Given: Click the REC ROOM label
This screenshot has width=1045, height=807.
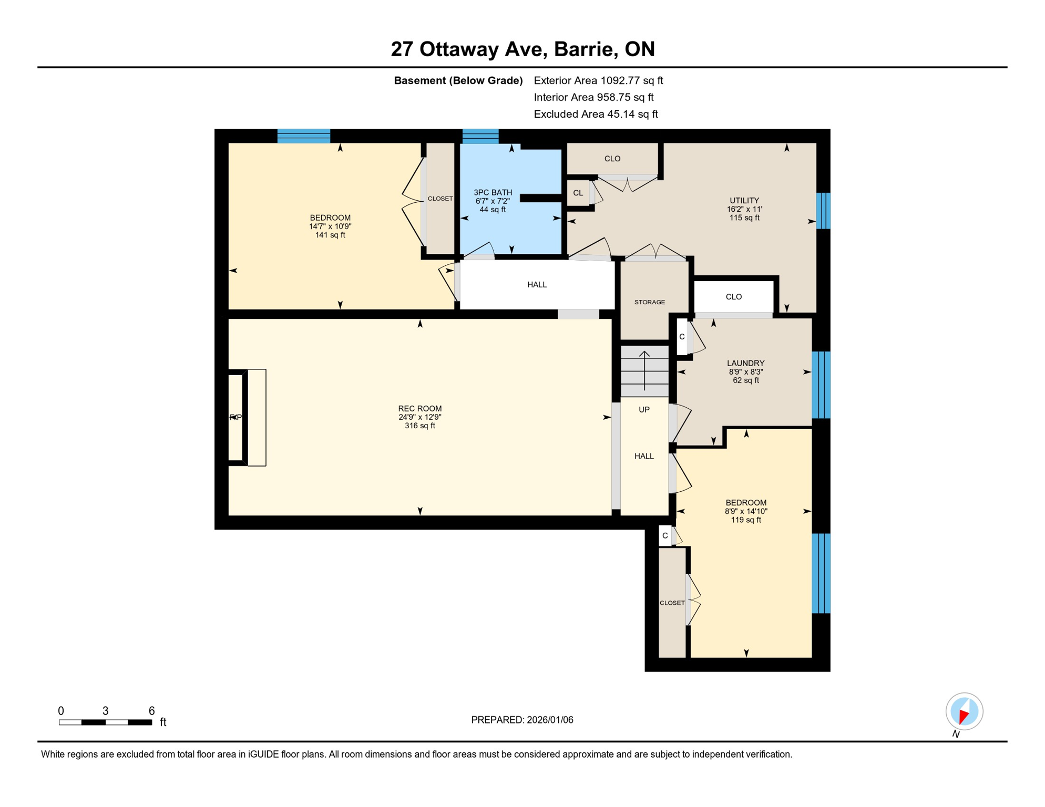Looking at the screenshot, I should pyautogui.click(x=419, y=409).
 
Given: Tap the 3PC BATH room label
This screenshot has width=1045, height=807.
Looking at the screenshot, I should pyautogui.click(x=493, y=193).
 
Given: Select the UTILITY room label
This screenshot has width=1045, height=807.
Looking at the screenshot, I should pyautogui.click(x=744, y=201).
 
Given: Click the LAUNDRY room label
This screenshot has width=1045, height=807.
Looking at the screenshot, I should pyautogui.click(x=745, y=364).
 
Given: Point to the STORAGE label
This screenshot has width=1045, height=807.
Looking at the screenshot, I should pyautogui.click(x=650, y=302).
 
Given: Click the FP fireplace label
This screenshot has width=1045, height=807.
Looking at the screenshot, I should pyautogui.click(x=235, y=418).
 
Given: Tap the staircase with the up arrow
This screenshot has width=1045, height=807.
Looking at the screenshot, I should pyautogui.click(x=644, y=371).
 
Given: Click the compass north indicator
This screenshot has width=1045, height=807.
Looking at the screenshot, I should pyautogui.click(x=964, y=712).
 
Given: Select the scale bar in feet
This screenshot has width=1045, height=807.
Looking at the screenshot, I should pyautogui.click(x=105, y=722).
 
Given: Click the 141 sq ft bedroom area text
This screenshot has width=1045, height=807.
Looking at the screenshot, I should pyautogui.click(x=330, y=235).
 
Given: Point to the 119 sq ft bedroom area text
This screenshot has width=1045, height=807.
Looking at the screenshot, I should pyautogui.click(x=746, y=520).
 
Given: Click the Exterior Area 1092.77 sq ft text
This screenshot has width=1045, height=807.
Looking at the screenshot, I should pyautogui.click(x=598, y=80).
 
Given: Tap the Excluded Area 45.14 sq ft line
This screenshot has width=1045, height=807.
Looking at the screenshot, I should pyautogui.click(x=596, y=114).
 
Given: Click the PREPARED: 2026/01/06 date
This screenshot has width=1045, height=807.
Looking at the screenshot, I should pyautogui.click(x=522, y=720).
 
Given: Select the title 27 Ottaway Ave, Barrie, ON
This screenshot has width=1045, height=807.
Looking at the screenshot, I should pyautogui.click(x=522, y=49).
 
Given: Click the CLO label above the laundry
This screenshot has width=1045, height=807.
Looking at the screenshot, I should pyautogui.click(x=733, y=297).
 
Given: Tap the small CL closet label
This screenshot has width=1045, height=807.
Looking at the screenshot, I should pyautogui.click(x=578, y=193).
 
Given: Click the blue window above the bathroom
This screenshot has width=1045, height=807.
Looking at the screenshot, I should pyautogui.click(x=480, y=136).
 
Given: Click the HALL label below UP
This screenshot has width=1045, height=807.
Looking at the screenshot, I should pyautogui.click(x=644, y=457).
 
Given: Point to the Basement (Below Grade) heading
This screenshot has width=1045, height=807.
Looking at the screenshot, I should pyautogui.click(x=458, y=80).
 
